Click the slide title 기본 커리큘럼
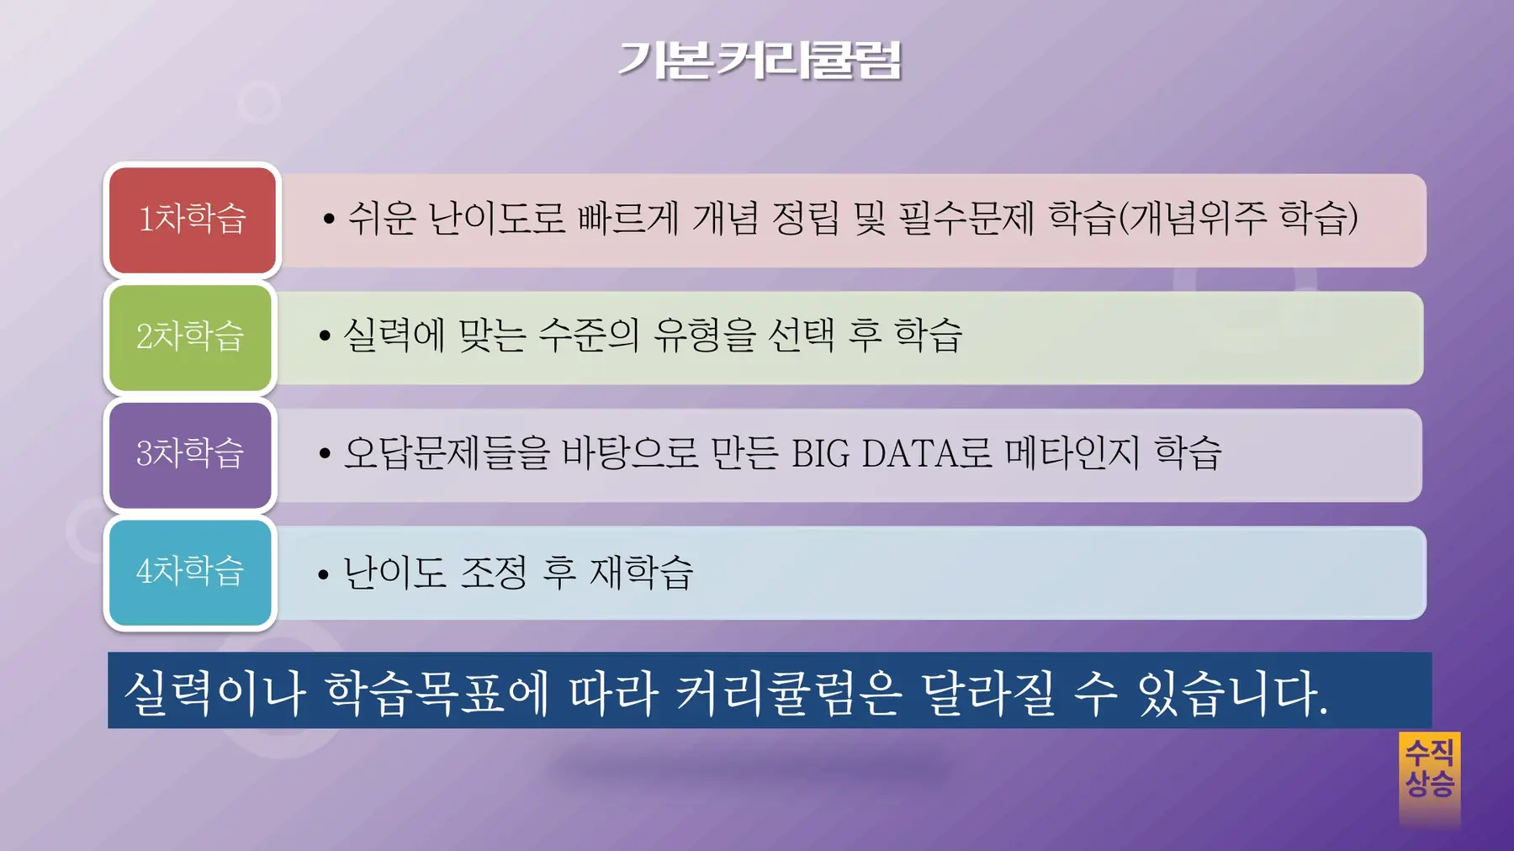click(760, 61)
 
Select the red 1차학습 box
click(193, 219)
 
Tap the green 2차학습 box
click(191, 337)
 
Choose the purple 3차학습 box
click(191, 455)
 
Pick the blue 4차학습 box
click(191, 572)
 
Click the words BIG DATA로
click(892, 453)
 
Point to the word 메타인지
click(1072, 453)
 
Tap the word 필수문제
click(966, 219)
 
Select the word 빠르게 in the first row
click(627, 219)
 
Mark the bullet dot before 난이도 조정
click(324, 574)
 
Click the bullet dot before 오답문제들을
click(325, 454)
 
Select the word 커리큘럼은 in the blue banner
click(788, 694)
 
